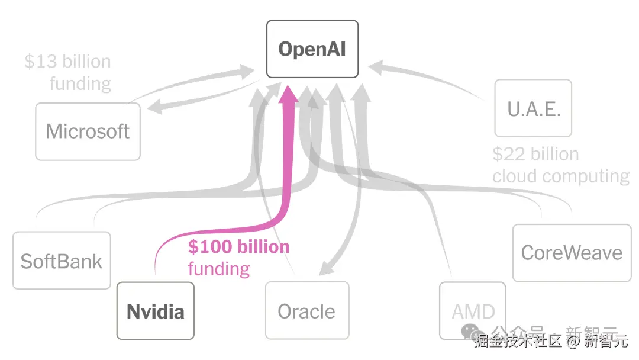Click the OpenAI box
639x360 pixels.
pyautogui.click(x=312, y=49)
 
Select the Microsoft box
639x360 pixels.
pyautogui.click(x=88, y=131)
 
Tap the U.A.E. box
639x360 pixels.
pyautogui.click(x=533, y=109)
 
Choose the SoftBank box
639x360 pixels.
pyautogui.click(x=62, y=261)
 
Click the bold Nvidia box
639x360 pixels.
pyautogui.click(x=155, y=311)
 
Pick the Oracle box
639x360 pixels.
pyautogui.click(x=306, y=311)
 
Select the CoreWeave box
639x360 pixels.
pyautogui.click(x=572, y=253)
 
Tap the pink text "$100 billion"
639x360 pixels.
pyautogui.click(x=238, y=246)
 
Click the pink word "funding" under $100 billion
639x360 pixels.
pyautogui.click(x=218, y=269)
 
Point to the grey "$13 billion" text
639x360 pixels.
pyautogui.click(x=67, y=62)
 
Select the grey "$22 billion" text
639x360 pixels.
pyautogui.click(x=535, y=154)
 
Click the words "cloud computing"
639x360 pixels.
pyautogui.click(x=560, y=176)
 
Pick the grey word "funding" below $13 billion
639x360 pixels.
pyautogui.click(x=80, y=83)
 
